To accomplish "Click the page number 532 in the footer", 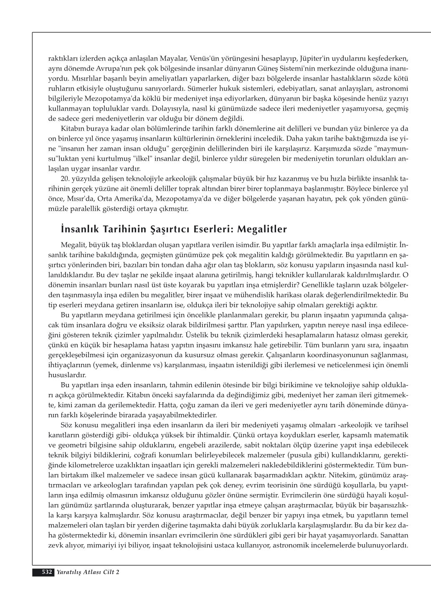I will point(47,572).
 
